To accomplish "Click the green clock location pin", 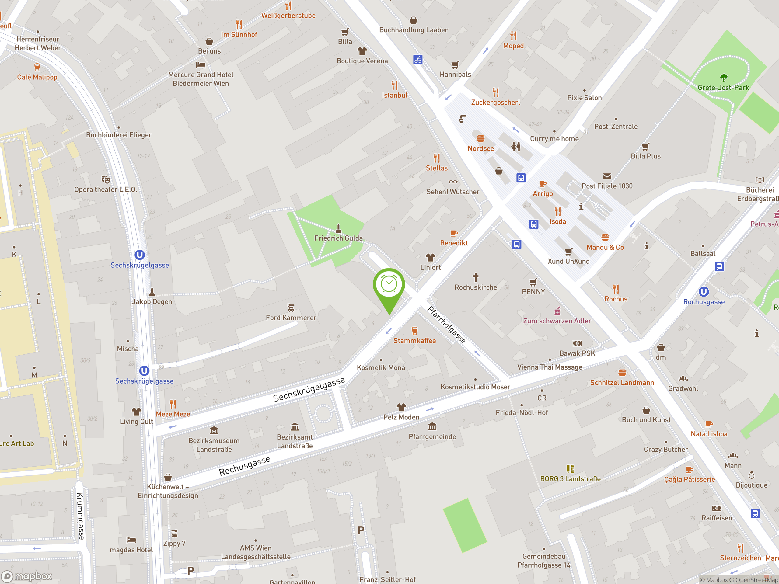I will point(389,285).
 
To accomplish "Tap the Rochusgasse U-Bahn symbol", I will point(703,291).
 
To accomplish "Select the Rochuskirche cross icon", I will point(475,277).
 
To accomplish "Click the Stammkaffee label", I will point(414,341).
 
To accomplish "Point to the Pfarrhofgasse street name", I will point(446,325).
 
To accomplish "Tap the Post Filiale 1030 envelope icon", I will point(606,176).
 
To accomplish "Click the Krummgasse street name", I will point(81,516).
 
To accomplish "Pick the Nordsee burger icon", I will point(481,138).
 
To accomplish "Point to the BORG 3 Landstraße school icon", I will point(570,468).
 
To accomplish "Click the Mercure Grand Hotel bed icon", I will point(201,65).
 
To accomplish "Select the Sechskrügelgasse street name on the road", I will point(309,389).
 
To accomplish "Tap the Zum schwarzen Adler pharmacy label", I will point(557,321).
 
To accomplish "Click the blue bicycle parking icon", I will point(418,60).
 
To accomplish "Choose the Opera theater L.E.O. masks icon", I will point(105,179).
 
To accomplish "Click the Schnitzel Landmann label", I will point(622,383).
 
